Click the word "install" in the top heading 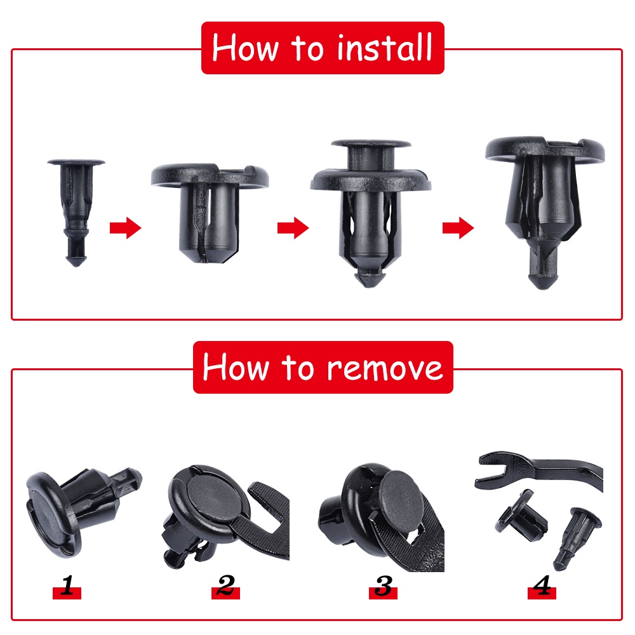tap(384, 48)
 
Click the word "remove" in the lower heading tap(385, 368)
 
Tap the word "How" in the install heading tap(245, 48)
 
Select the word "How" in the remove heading tap(236, 367)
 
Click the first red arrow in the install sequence tap(126, 227)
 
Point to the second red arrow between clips tap(293, 227)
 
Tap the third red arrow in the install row tap(458, 227)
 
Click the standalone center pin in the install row tap(76, 211)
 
